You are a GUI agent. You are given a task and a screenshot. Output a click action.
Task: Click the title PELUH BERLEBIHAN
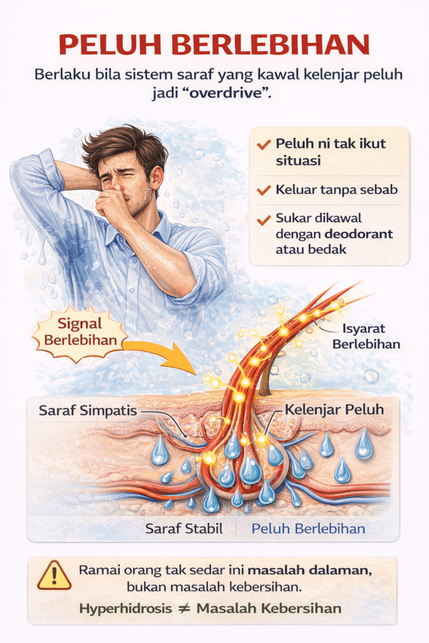[214, 45]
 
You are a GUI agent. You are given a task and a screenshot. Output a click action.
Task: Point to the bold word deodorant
[359, 234]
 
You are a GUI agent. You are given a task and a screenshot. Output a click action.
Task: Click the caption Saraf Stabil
[184, 529]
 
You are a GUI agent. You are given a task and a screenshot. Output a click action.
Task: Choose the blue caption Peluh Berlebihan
[308, 529]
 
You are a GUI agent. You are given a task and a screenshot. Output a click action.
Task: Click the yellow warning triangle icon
[54, 576]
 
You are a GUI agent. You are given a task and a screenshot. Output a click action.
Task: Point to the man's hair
[122, 141]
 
